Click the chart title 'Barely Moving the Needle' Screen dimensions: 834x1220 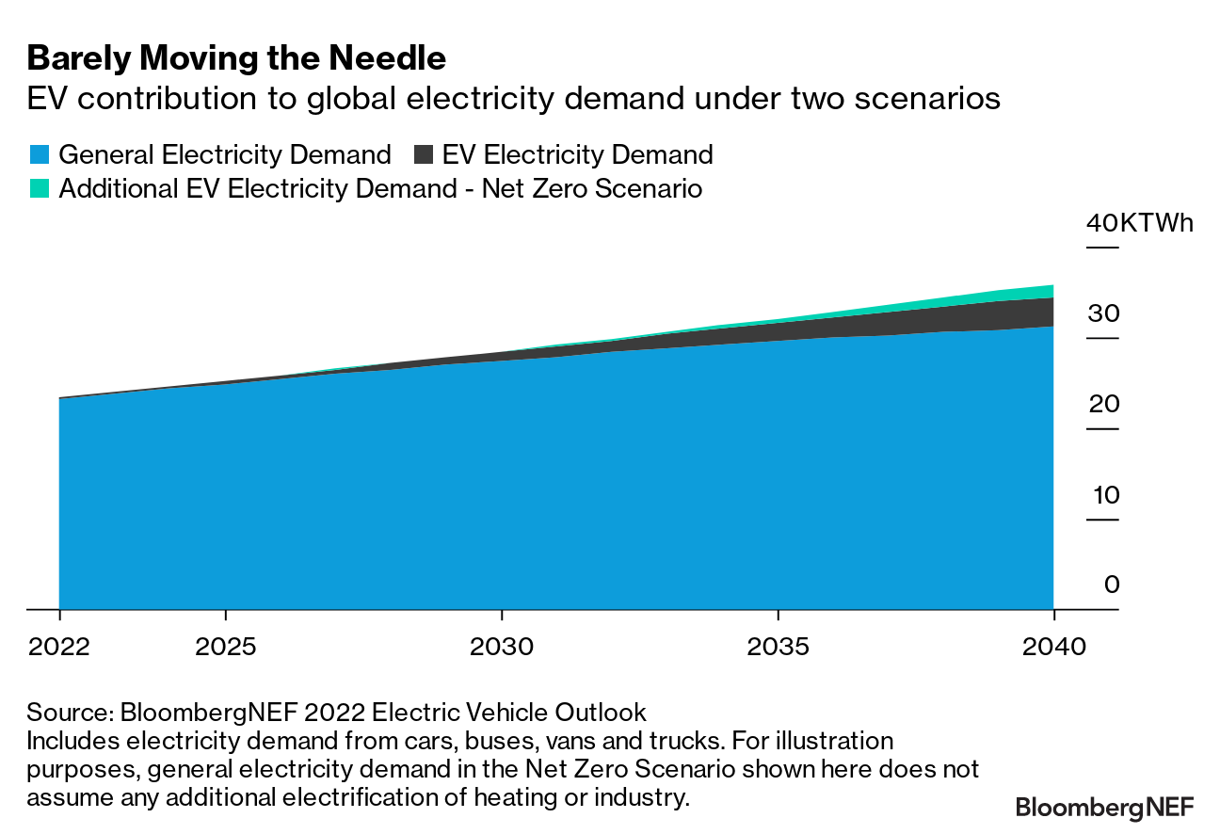[236, 59]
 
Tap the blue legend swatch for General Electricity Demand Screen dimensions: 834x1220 [40, 155]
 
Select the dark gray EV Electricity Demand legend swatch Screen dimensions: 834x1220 [424, 155]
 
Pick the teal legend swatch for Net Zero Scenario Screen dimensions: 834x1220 [40, 188]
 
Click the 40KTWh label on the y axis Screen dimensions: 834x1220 [1139, 224]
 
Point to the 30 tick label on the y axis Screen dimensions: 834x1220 [1103, 314]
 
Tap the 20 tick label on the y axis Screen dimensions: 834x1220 [1103, 405]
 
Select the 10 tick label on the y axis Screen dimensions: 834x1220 [1103, 495]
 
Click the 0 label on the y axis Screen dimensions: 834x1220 [1112, 585]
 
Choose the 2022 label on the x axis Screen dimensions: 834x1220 [59, 647]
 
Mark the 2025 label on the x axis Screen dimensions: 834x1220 [226, 647]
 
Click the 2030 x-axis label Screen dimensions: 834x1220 [502, 647]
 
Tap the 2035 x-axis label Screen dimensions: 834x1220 [778, 647]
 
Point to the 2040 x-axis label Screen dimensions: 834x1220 [1053, 647]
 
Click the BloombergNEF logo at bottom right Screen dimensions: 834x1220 [1104, 807]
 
